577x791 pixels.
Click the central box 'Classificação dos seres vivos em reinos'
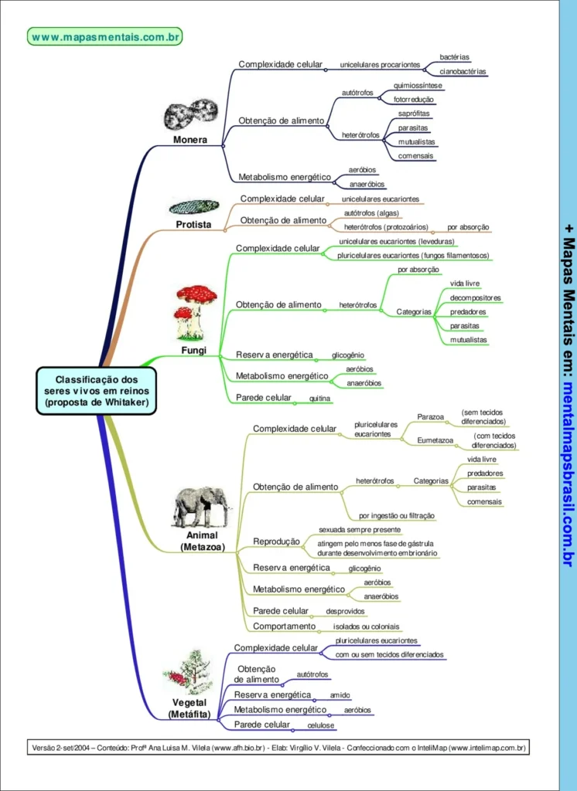[96, 390]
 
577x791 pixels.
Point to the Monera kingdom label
[189, 140]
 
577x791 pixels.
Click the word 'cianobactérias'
[463, 71]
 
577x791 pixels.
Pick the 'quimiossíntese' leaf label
[418, 86]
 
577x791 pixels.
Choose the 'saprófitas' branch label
[415, 114]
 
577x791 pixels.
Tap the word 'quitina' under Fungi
[319, 399]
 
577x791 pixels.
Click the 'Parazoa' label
[430, 416]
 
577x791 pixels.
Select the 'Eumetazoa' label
[435, 440]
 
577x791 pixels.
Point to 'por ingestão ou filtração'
[397, 515]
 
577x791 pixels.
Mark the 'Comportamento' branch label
[284, 626]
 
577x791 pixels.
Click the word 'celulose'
[320, 725]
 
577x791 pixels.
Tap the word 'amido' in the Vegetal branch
[340, 695]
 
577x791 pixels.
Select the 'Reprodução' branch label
[276, 541]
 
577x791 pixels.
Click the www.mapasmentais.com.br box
[107, 36]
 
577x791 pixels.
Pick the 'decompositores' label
[475, 298]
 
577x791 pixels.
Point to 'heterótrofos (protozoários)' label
[385, 227]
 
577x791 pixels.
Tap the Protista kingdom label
[193, 225]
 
